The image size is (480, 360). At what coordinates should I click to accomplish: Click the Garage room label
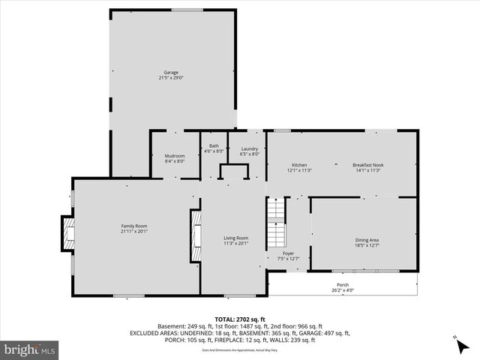click(x=171, y=73)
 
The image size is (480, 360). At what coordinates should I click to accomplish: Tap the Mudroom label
click(x=174, y=156)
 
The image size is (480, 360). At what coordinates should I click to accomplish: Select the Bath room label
click(x=214, y=145)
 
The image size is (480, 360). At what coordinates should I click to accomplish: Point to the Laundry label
click(x=250, y=148)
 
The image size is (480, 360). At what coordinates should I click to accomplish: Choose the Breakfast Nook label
click(x=367, y=165)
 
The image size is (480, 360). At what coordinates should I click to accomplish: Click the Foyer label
click(x=289, y=253)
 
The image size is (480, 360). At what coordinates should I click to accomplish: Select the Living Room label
click(x=235, y=238)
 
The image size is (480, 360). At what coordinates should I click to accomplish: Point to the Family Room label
click(x=135, y=226)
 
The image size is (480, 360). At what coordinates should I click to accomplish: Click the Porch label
click(x=342, y=285)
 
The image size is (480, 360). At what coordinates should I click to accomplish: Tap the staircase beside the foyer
click(x=277, y=223)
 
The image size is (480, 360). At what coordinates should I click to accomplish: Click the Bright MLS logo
click(x=30, y=349)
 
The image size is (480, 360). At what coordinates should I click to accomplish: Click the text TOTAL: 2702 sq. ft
click(x=239, y=319)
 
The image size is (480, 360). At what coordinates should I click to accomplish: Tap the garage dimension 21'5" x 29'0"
click(x=171, y=78)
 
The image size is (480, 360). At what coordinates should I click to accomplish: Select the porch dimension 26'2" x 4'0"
click(x=342, y=290)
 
